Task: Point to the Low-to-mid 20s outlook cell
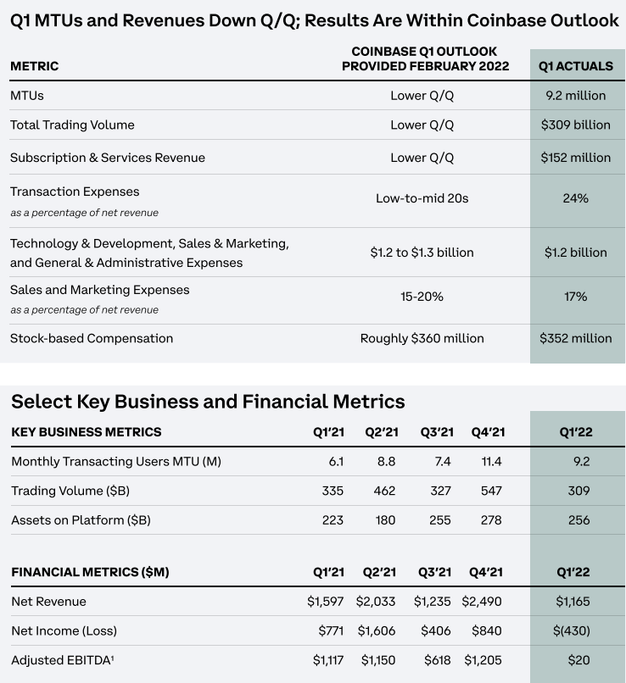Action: (x=422, y=198)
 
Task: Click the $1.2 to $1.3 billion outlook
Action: (x=422, y=253)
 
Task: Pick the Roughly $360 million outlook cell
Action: (x=422, y=338)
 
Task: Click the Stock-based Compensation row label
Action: (x=92, y=338)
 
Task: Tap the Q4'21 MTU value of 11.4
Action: (x=491, y=462)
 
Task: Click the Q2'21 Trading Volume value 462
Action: (x=386, y=491)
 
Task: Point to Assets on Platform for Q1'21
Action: (x=333, y=520)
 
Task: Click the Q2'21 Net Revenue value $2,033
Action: (x=377, y=602)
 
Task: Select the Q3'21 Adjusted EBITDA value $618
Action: (x=435, y=660)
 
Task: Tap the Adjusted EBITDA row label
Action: (x=64, y=660)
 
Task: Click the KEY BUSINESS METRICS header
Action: (x=86, y=432)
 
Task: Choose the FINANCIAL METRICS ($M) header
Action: (x=90, y=572)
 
